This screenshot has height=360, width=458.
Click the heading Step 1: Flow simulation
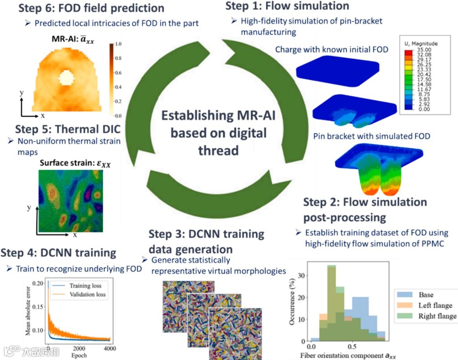tap(287, 6)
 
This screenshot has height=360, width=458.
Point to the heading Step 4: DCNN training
tap(58, 253)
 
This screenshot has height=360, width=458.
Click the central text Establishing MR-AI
tap(218, 115)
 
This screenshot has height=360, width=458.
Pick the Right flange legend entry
tap(437, 316)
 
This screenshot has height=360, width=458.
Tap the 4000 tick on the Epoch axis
tap(110, 349)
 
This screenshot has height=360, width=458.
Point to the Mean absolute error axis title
tap(28, 310)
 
